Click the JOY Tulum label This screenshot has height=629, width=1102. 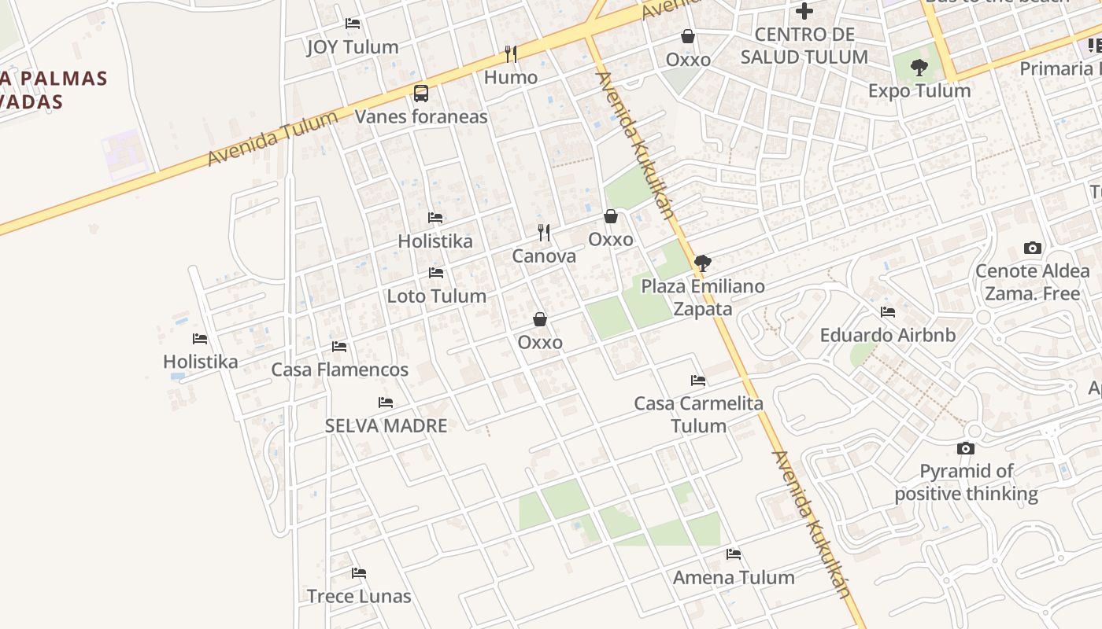(x=352, y=47)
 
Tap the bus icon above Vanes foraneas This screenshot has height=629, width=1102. (x=421, y=94)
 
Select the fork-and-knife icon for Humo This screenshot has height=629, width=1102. (x=511, y=53)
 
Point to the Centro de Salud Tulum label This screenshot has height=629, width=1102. (x=804, y=46)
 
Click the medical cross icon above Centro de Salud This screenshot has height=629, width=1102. (x=804, y=11)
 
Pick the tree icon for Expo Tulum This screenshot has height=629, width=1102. (x=919, y=68)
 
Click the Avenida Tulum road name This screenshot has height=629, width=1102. (x=272, y=138)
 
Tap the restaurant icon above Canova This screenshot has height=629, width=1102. (x=543, y=232)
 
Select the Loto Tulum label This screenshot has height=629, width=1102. (x=436, y=296)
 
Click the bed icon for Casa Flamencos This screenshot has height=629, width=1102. (x=339, y=346)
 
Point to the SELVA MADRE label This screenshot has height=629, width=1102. (x=386, y=426)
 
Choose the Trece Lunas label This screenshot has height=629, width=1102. (x=359, y=596)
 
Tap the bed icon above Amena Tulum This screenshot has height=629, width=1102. (x=734, y=554)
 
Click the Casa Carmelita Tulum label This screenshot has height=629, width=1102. (x=698, y=414)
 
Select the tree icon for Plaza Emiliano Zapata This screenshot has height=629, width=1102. (x=703, y=263)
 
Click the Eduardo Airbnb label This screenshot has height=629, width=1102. (x=887, y=335)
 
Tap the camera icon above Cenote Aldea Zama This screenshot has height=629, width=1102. (x=1033, y=248)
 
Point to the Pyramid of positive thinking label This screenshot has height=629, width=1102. (x=966, y=483)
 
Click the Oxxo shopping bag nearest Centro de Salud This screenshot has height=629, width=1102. (x=688, y=36)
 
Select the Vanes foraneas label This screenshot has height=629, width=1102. (x=421, y=117)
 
